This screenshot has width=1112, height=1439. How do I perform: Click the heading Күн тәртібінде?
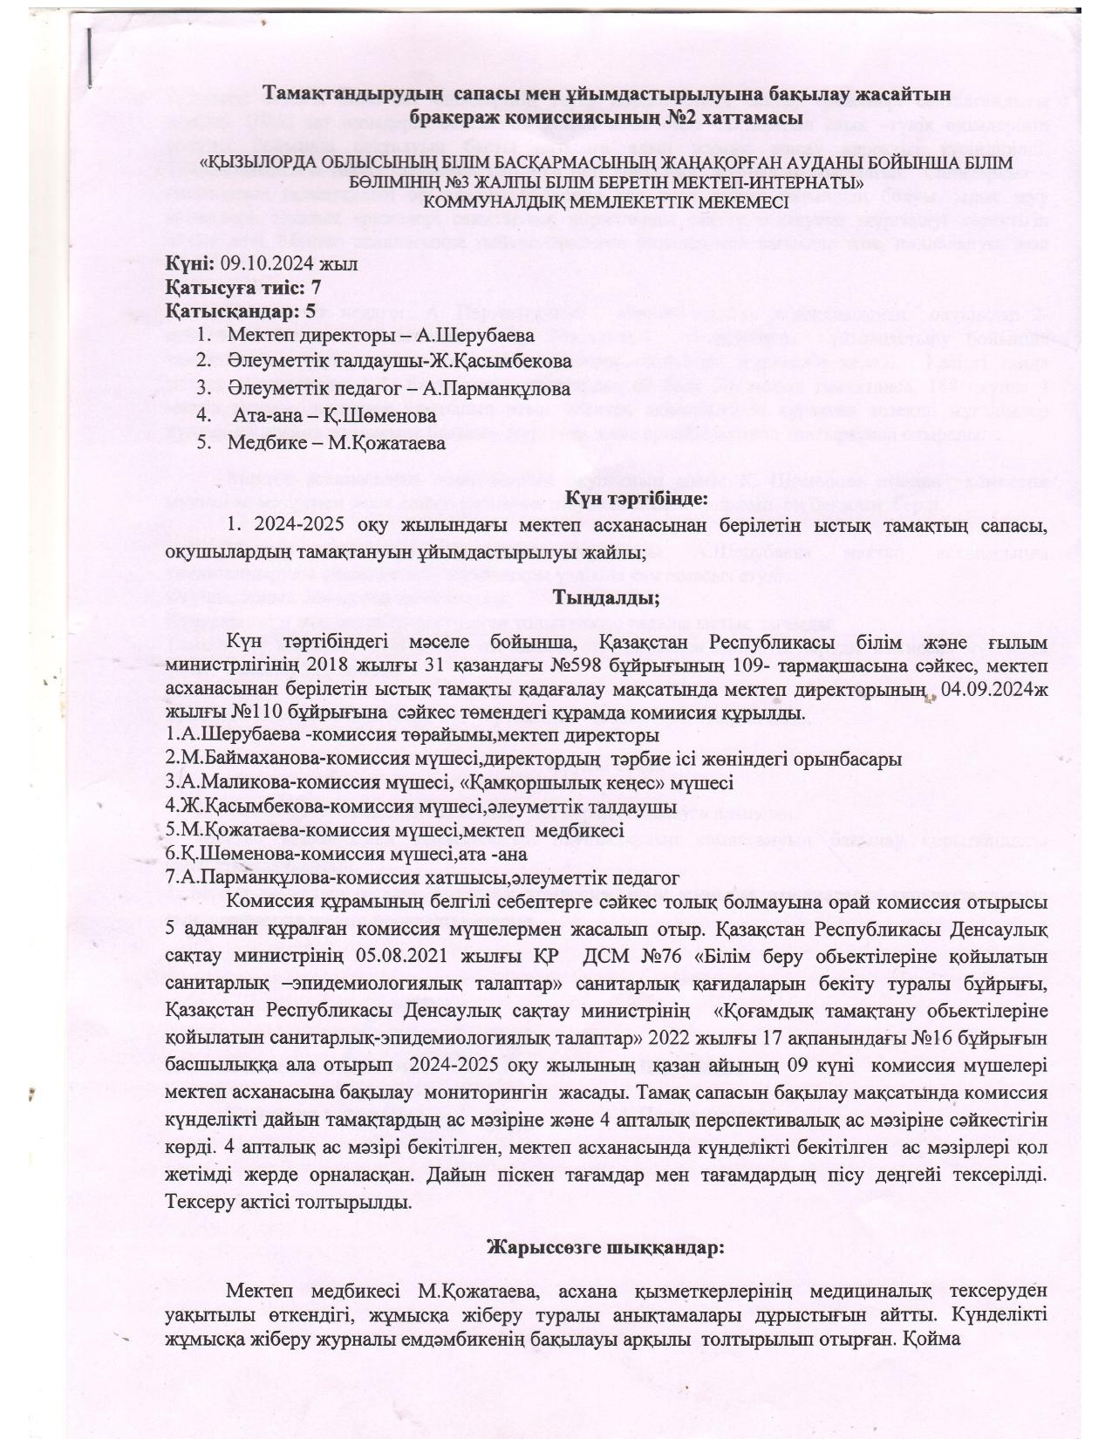pos(634,500)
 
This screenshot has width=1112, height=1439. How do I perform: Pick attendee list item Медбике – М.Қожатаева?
pos(337,442)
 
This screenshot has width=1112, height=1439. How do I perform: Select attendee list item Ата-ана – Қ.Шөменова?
pos(333,416)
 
